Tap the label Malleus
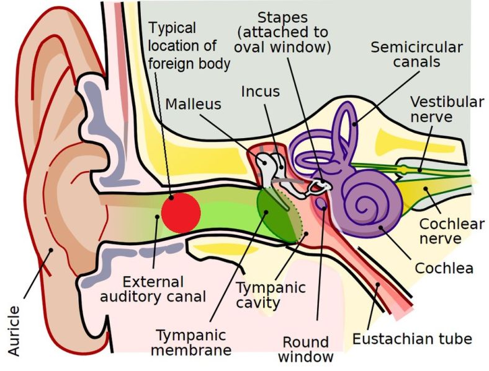(x=193, y=104)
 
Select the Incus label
(x=261, y=92)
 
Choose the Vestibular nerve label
(x=447, y=109)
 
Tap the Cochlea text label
(x=444, y=268)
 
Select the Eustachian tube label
(x=412, y=339)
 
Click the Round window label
(x=305, y=349)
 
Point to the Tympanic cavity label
(x=271, y=295)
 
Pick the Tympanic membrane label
(x=193, y=342)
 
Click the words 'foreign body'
(x=190, y=63)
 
